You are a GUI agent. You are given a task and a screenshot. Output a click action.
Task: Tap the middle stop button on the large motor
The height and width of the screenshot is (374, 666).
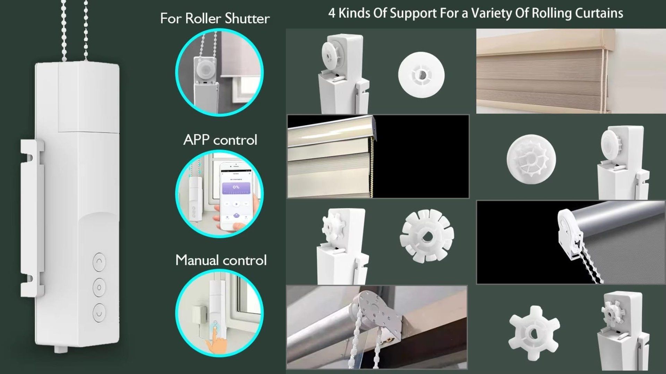(99, 287)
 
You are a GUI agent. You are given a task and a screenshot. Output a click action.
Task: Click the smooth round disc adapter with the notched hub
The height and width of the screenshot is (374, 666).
(421, 74)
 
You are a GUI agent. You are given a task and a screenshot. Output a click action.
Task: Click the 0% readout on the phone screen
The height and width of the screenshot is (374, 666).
(236, 187)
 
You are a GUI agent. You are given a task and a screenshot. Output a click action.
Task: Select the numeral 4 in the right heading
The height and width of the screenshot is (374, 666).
(332, 13)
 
